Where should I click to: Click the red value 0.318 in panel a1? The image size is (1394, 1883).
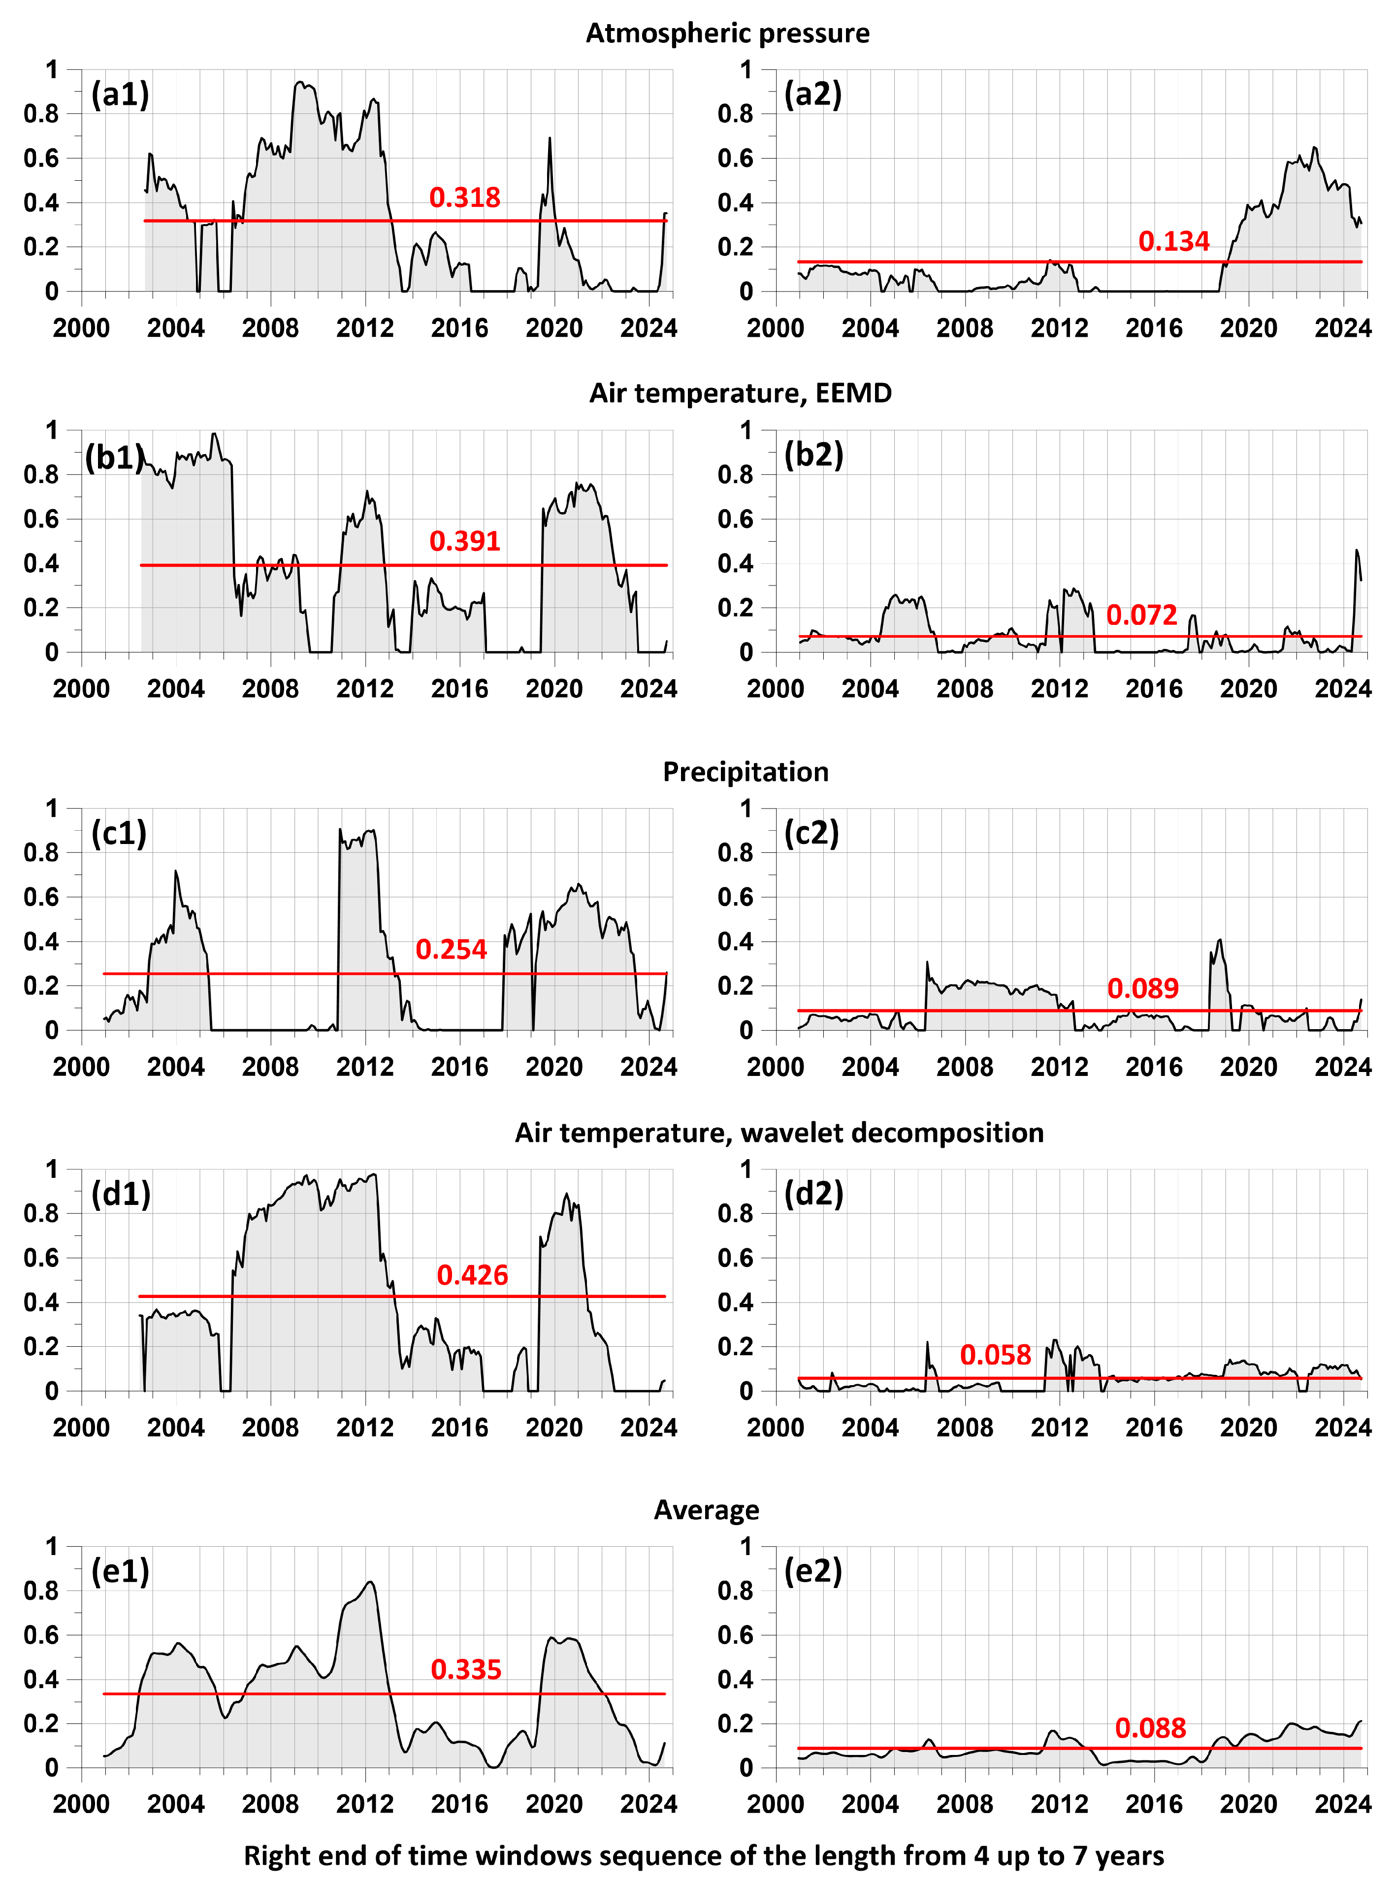coord(464,197)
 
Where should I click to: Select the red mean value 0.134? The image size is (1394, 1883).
coord(1174,242)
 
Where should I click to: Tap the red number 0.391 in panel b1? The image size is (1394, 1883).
coord(464,541)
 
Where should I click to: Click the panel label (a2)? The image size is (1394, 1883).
coord(812,94)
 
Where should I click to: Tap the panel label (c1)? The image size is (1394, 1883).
coord(119,833)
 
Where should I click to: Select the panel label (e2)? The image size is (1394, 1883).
coord(812,1571)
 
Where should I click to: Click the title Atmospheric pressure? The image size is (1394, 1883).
coord(727,33)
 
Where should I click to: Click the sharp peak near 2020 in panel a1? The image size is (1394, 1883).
coord(550,139)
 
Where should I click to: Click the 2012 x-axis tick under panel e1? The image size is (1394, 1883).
coord(364,1805)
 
